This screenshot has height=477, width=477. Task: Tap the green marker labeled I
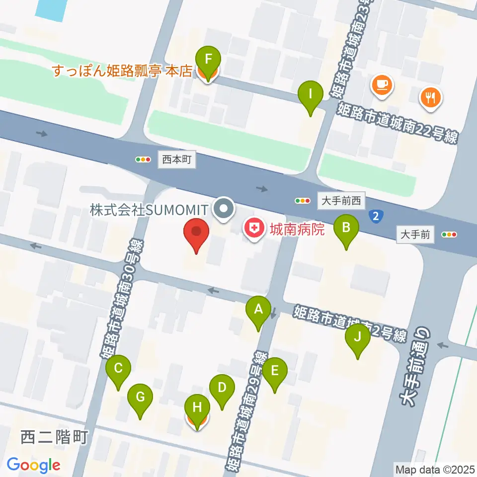(311, 93)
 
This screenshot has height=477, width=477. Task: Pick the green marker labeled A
(258, 310)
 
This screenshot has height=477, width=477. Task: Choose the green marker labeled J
(358, 337)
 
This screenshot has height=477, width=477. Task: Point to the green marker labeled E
(274, 371)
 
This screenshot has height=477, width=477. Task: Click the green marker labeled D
(222, 387)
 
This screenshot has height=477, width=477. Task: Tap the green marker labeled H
(197, 408)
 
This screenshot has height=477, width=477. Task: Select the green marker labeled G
(140, 397)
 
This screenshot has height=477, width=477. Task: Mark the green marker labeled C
(118, 368)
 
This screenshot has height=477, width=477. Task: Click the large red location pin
(196, 233)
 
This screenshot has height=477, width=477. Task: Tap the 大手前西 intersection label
(342, 201)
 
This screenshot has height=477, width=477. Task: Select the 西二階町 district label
(55, 437)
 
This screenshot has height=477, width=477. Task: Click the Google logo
(33, 465)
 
